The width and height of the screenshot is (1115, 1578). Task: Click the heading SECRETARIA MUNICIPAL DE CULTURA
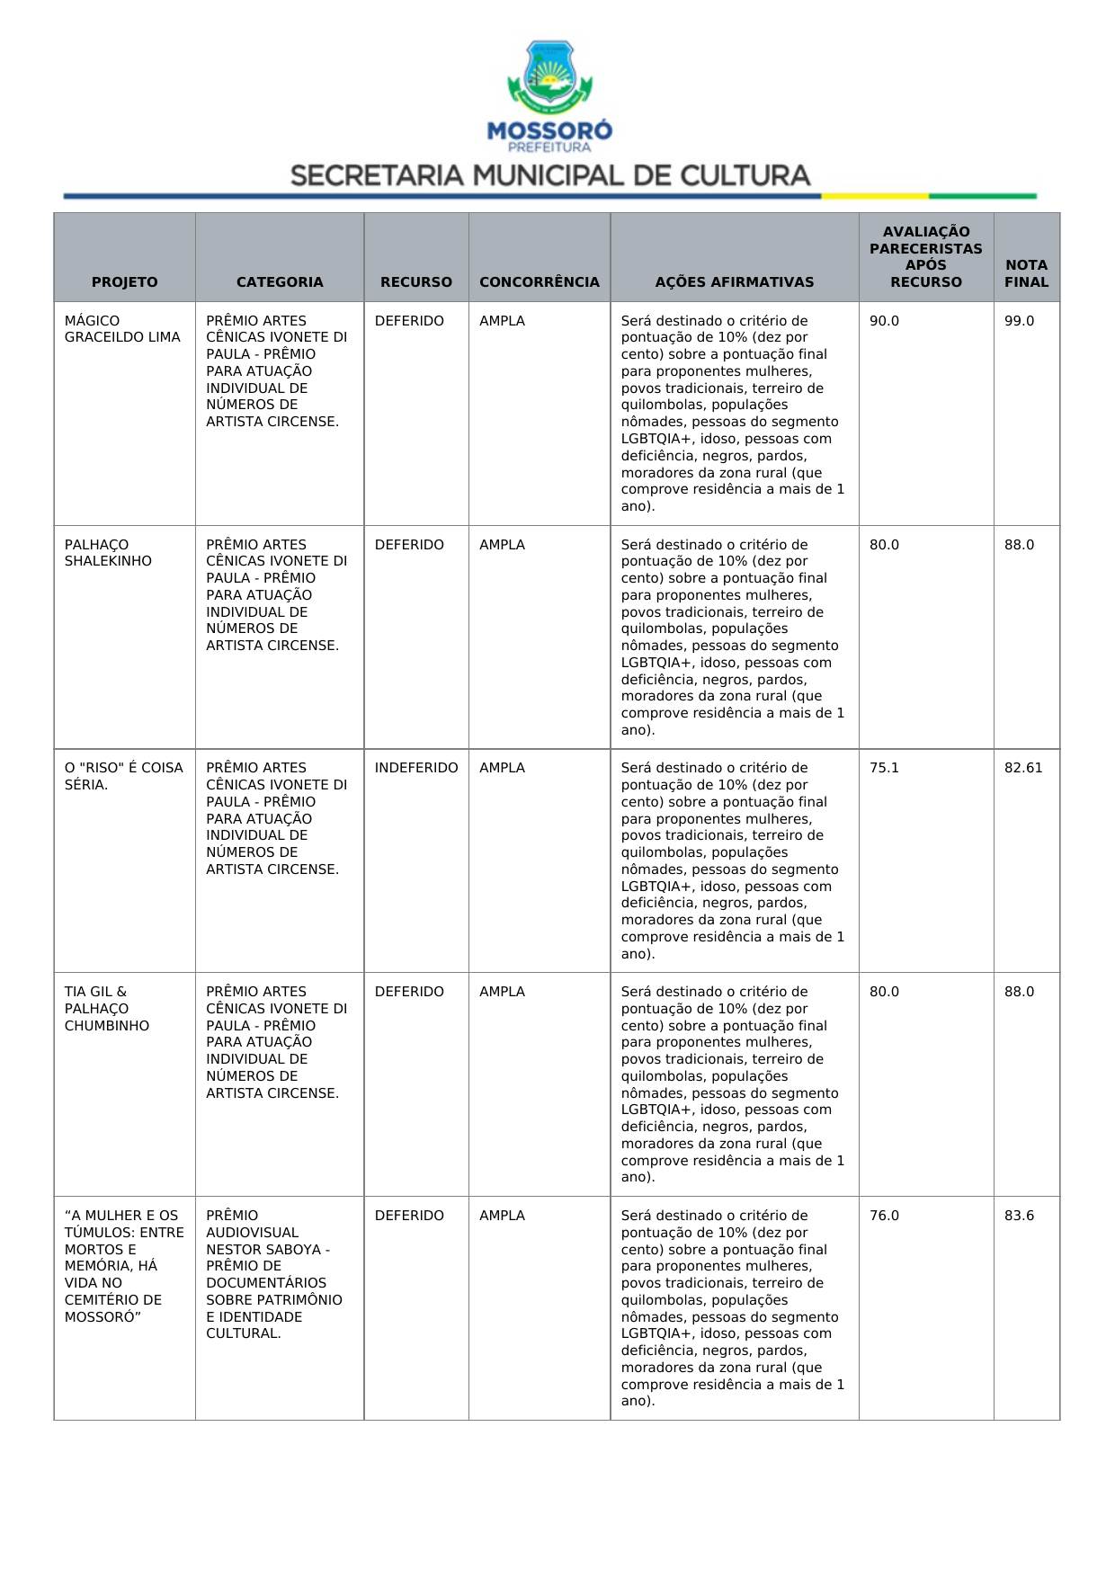(550, 175)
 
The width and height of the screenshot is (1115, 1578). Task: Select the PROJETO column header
(124, 281)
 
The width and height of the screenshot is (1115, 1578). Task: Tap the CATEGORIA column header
(280, 281)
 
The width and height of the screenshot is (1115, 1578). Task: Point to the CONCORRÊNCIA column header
(540, 281)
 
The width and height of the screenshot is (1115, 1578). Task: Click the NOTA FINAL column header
(1026, 273)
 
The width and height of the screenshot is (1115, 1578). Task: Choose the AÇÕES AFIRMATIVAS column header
(734, 281)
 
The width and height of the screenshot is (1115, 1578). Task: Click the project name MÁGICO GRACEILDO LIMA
(122, 329)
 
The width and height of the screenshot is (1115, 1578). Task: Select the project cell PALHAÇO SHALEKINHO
(108, 553)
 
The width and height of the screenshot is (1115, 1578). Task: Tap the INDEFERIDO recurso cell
(416, 768)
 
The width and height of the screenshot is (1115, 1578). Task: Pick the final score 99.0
(1019, 321)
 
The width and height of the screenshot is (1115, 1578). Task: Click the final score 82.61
(1023, 768)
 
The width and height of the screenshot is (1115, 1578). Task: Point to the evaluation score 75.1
(884, 768)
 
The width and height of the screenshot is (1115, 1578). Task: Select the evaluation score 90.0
(884, 321)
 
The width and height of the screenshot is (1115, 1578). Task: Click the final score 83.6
(1019, 1216)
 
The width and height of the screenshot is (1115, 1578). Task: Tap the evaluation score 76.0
(884, 1216)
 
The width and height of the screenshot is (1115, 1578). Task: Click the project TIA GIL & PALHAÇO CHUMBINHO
(107, 1009)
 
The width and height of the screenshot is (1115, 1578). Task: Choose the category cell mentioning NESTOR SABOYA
(273, 1274)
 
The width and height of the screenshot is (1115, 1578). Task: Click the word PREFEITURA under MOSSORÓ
(549, 147)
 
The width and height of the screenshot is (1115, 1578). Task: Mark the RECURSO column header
(416, 281)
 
